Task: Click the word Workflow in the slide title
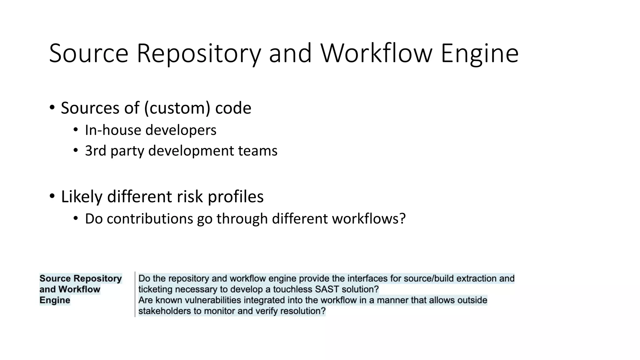coord(376,53)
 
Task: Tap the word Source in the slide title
coord(89,53)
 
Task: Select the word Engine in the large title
coord(479,54)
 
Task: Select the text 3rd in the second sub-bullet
coord(95,151)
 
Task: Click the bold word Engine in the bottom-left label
coord(55,300)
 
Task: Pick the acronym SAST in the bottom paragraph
coord(327,289)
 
